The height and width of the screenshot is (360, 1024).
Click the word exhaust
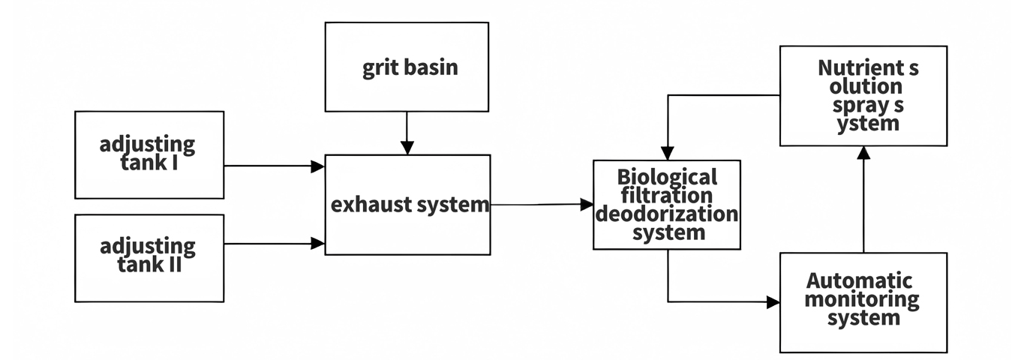tap(367, 204)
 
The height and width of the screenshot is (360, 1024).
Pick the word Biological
tap(667, 178)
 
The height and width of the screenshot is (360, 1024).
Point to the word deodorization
tap(667, 214)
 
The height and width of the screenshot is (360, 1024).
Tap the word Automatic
tap(859, 281)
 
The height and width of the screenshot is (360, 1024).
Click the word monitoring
tap(863, 299)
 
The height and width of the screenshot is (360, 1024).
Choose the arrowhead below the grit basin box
tap(406, 148)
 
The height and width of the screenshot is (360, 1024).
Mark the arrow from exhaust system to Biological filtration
tap(540, 204)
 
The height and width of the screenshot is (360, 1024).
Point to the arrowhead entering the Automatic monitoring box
tap(773, 302)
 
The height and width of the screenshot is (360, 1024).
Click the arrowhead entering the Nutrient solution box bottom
tap(863, 153)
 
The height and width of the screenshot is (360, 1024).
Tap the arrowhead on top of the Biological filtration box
tap(668, 152)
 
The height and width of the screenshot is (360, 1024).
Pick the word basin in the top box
tap(431, 68)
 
